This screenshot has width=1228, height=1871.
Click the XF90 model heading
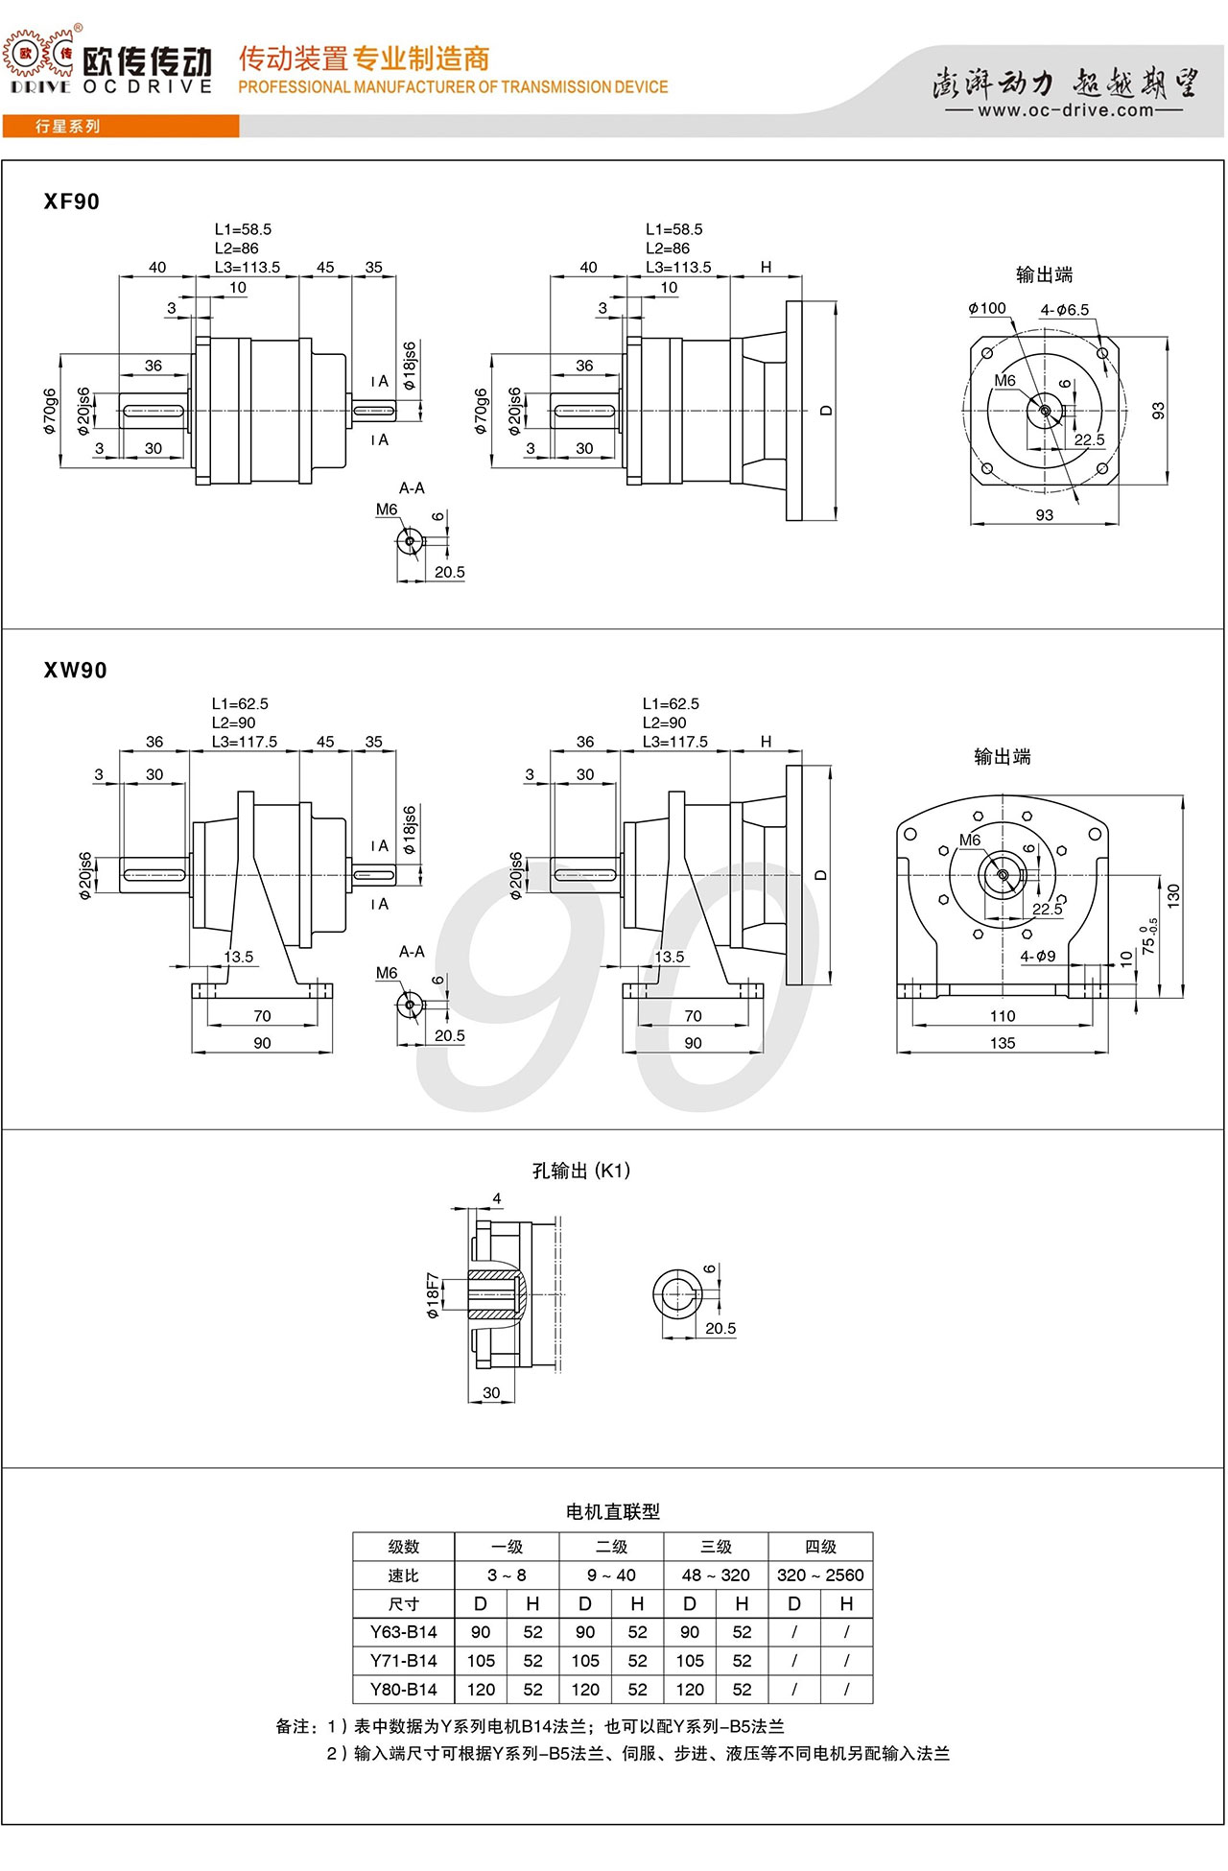72,201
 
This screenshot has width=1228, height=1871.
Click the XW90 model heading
75,670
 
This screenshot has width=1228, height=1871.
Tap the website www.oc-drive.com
1065,110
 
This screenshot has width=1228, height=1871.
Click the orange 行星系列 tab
67,127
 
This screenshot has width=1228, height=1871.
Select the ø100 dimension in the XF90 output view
987,309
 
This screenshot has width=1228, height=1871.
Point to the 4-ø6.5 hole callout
1065,310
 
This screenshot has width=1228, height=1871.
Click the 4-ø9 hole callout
1038,956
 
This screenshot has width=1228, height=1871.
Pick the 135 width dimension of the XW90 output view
1003,1043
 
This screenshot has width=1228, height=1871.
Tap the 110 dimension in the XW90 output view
1003,1016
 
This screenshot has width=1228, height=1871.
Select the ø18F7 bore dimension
434,1295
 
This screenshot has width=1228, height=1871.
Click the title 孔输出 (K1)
581,1171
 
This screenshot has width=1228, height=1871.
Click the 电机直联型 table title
613,1512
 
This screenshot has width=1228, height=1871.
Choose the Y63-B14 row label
404,1632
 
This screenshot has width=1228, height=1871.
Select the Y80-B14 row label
404,1690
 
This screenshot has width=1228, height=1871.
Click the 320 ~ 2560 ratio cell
820,1575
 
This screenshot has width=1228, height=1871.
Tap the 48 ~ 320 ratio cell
716,1575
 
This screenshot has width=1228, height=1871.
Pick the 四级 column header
820,1547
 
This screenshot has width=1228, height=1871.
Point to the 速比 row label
404,1575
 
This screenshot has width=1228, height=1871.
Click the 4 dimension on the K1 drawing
497,1198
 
